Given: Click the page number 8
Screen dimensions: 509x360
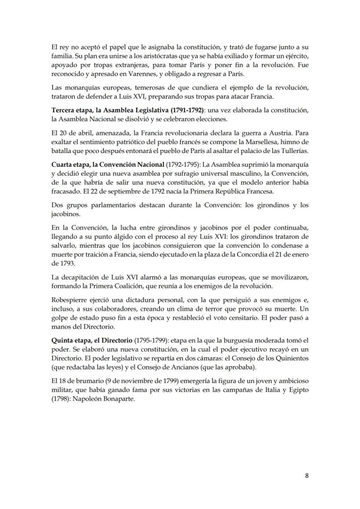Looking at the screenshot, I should pos(307,476).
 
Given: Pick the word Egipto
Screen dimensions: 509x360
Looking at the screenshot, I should pos(297,389).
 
